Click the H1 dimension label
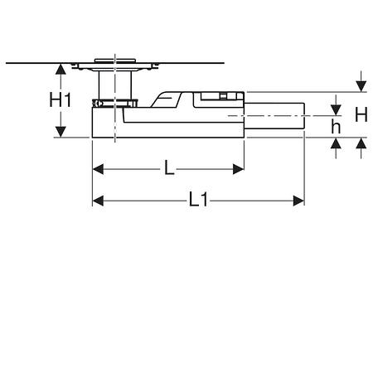pyautogui.click(x=61, y=100)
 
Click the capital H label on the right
pyautogui.click(x=361, y=114)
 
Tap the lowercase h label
pyautogui.click(x=336, y=127)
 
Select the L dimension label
pyautogui.click(x=169, y=167)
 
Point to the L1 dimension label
pyautogui.click(x=198, y=200)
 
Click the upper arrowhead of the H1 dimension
pyautogui.click(x=61, y=69)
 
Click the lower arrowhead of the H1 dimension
pyautogui.click(x=61, y=132)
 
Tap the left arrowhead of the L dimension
pyautogui.click(x=98, y=169)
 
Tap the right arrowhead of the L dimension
pyautogui.click(x=238, y=169)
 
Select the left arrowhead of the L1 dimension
pyautogui.click(x=98, y=201)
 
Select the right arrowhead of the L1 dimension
pyautogui.click(x=298, y=201)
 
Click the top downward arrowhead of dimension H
pyautogui.click(x=361, y=86)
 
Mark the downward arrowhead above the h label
pyautogui.click(x=336, y=110)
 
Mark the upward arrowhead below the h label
pyautogui.click(x=336, y=143)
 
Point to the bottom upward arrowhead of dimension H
pyautogui.click(x=361, y=143)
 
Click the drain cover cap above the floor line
pyautogui.click(x=115, y=61)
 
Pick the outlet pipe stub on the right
pyautogui.click(x=274, y=116)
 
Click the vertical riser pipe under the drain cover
pyautogui.click(x=115, y=85)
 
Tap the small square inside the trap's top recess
pyautogui.click(x=223, y=96)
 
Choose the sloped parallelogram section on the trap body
pyautogui.click(x=166, y=99)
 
